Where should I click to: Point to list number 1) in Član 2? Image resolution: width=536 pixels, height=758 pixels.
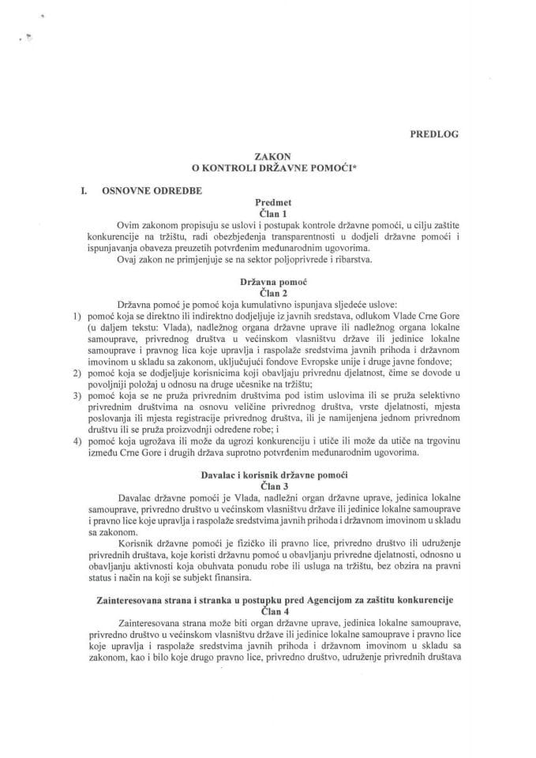tap(77, 316)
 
